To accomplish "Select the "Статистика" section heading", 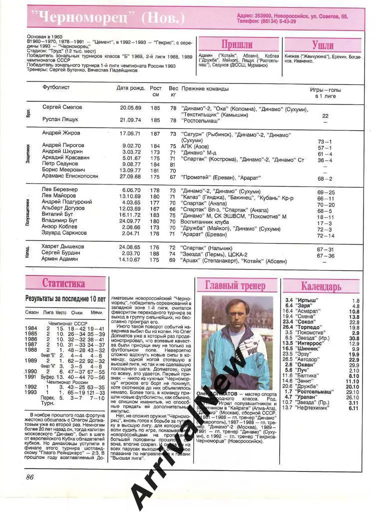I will [63, 283].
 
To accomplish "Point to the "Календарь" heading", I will [321, 286].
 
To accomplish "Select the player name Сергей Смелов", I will [62, 107].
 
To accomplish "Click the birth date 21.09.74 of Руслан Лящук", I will [130, 120].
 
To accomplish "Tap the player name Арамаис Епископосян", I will [70, 176].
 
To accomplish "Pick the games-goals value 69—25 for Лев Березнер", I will [326, 191].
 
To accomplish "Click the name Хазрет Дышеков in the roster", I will [63, 246].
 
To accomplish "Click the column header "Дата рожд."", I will [129, 88].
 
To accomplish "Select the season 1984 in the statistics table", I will [31, 328].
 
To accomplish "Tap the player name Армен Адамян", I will [60, 259].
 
